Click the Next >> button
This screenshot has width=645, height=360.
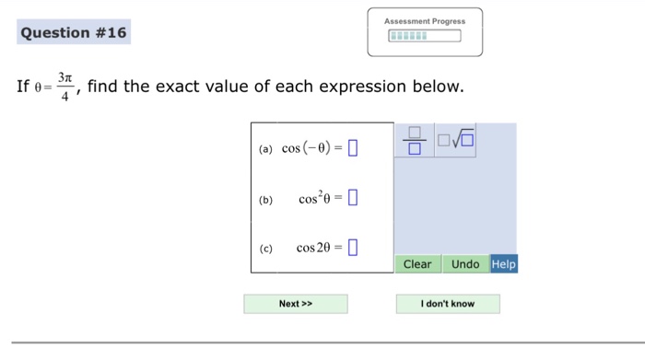(296, 304)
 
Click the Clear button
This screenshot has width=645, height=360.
(417, 264)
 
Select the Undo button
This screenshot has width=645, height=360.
(465, 264)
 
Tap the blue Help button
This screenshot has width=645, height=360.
(504, 264)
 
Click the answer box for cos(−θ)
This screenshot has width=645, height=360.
(353, 148)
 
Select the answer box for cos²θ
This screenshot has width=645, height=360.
(353, 198)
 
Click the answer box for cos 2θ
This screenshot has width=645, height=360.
(353, 247)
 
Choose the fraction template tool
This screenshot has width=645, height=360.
(414, 140)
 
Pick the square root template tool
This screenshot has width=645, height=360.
(457, 140)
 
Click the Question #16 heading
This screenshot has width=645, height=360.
(74, 34)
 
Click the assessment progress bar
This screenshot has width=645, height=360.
(424, 38)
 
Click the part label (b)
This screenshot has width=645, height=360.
(265, 199)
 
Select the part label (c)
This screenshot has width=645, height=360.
(265, 248)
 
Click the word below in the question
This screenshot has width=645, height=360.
(434, 87)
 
